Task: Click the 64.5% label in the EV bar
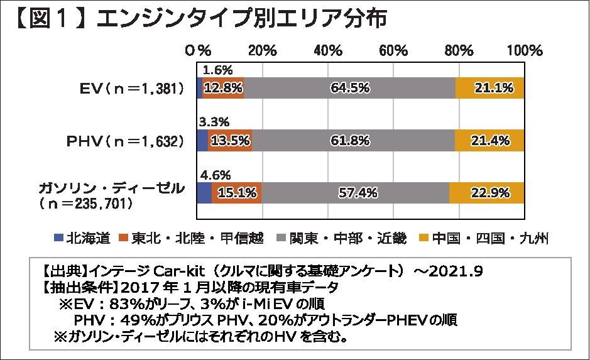click(350, 89)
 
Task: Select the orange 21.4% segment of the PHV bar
click(490, 141)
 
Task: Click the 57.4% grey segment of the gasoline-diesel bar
click(356, 193)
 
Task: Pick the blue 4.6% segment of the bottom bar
click(204, 193)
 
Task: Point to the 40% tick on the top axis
click(327, 50)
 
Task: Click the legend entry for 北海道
click(88, 238)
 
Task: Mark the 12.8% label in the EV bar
click(223, 89)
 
